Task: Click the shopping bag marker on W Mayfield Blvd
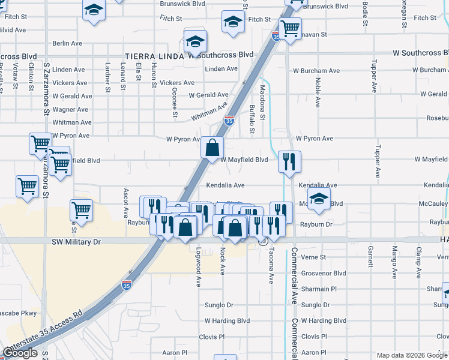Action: point(212,147)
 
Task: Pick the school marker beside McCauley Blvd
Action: point(319,199)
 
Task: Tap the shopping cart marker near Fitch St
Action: point(291,28)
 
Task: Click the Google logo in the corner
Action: point(20,353)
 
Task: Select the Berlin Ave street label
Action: point(67,44)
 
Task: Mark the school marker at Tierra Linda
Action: point(195,41)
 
